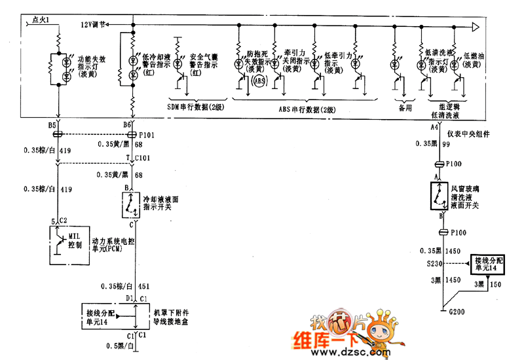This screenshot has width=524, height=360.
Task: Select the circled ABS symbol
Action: point(259,81)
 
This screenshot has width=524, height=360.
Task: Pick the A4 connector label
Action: point(434,126)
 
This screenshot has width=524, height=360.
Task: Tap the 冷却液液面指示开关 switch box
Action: point(134,205)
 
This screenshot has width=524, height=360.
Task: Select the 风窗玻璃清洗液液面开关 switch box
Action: point(438,196)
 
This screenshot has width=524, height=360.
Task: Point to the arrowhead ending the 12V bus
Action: point(477,27)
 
